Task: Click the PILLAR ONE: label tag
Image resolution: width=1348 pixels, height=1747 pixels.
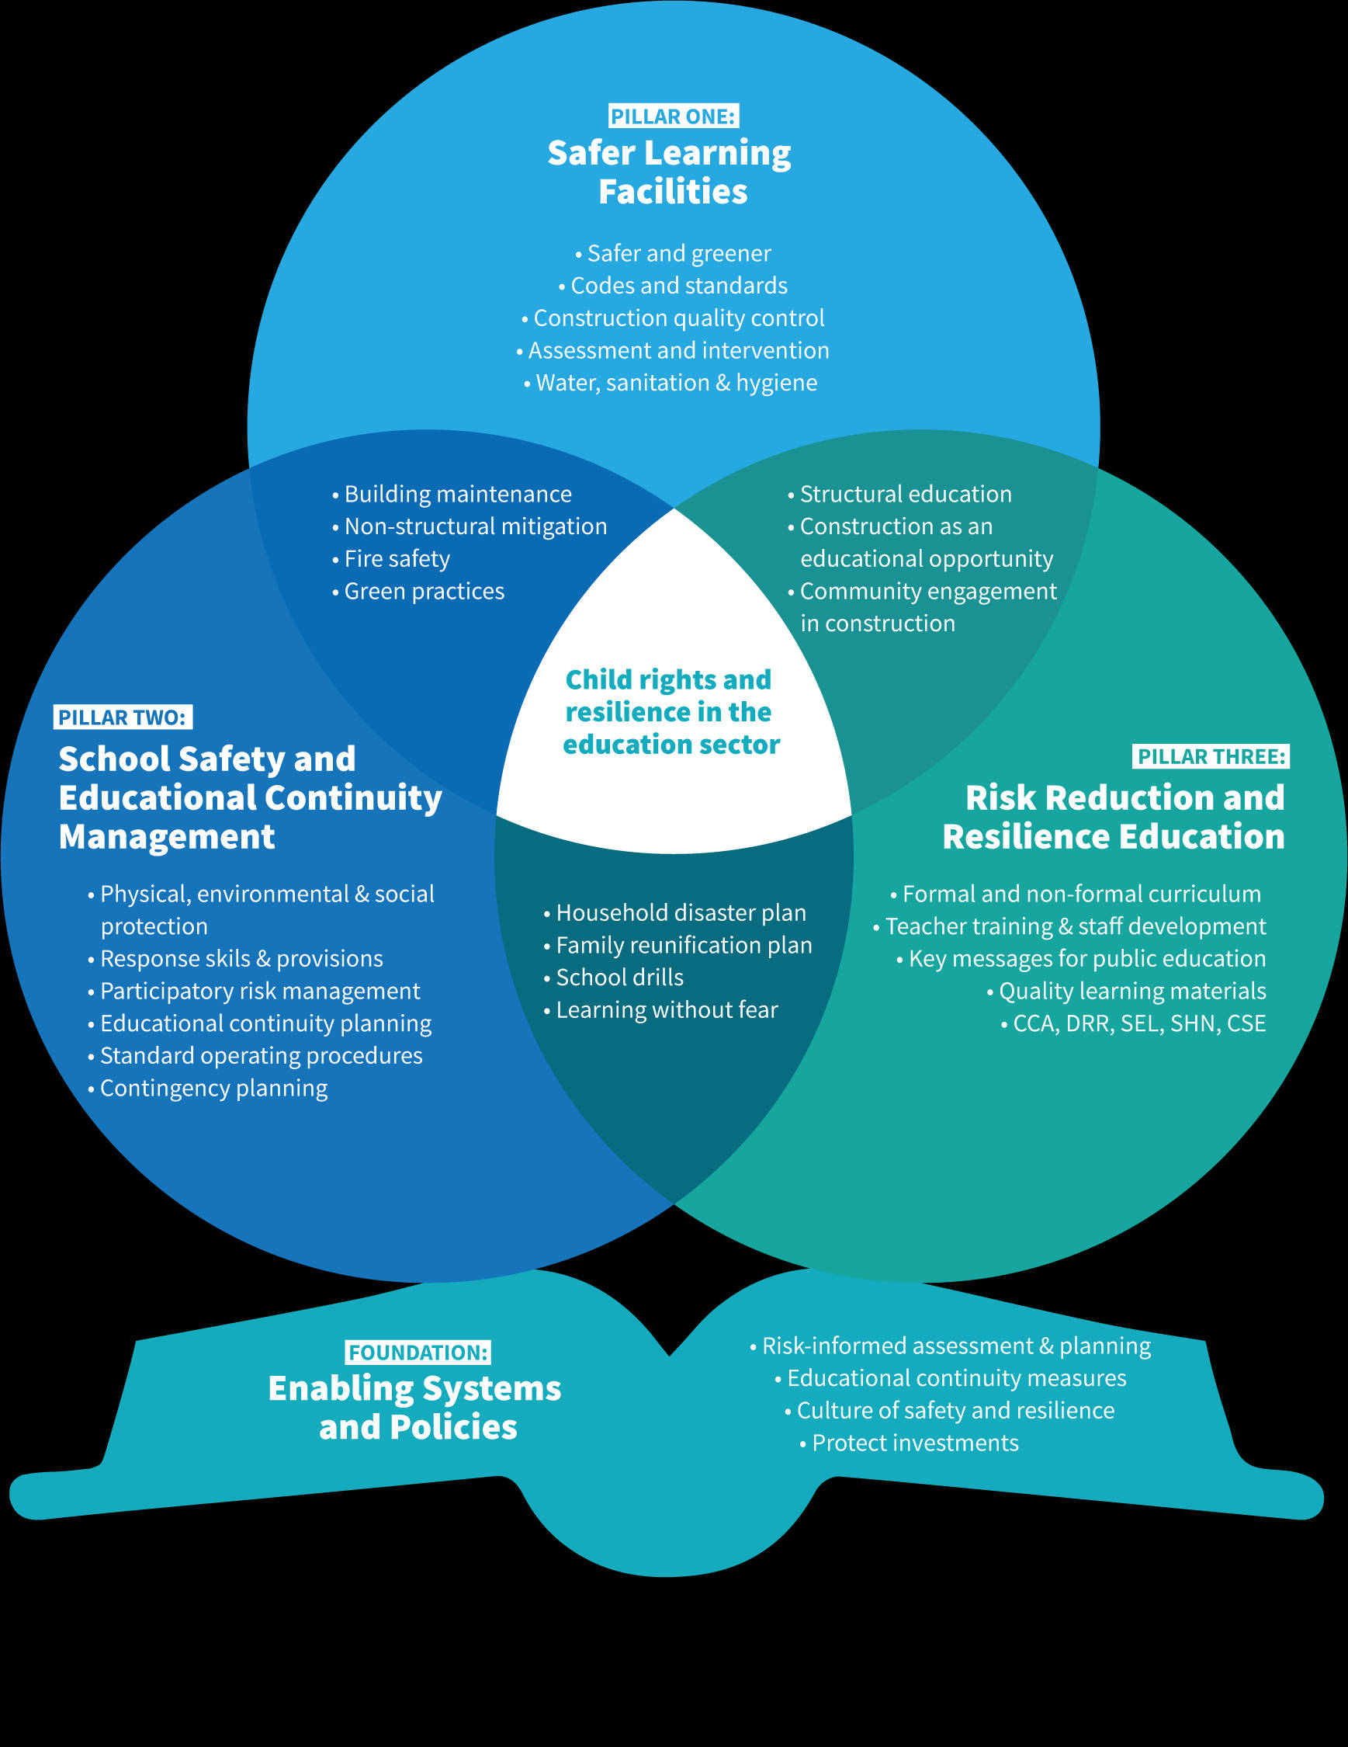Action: [x=673, y=116]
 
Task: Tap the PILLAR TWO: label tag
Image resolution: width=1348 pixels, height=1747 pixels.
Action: [x=123, y=717]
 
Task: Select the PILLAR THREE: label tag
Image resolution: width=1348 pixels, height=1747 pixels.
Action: [x=1211, y=756]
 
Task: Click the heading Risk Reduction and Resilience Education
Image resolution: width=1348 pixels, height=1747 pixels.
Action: [x=1114, y=817]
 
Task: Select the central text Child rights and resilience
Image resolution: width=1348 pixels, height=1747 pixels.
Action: [x=671, y=712]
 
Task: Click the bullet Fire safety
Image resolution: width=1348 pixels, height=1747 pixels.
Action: [x=397, y=558]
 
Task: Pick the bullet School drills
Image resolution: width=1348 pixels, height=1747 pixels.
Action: [x=619, y=977]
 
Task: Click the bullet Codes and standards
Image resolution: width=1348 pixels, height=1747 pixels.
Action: [x=678, y=286]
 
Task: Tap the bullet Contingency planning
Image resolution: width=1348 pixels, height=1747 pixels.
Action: [x=213, y=1088]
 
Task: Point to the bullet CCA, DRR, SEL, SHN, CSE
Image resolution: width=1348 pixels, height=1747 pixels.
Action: [x=1138, y=1023]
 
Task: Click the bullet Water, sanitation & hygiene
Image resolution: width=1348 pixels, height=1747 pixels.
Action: [x=676, y=382]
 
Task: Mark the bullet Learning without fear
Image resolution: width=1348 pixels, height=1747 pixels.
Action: [x=666, y=1009]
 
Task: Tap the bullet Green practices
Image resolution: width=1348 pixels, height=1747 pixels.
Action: [x=424, y=591]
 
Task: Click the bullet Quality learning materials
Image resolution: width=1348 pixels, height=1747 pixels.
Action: [x=1131, y=990]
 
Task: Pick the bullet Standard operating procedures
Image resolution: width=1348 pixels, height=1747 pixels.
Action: [x=261, y=1055]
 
